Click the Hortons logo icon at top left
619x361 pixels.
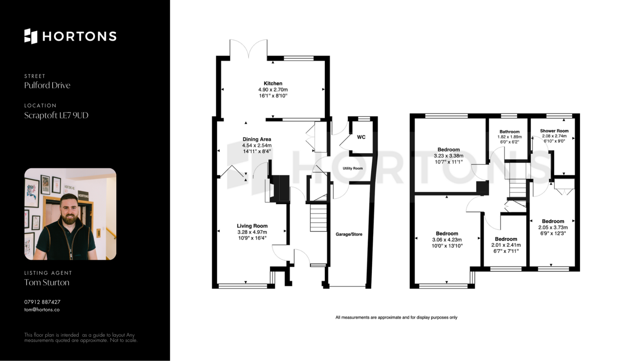(x=31, y=36)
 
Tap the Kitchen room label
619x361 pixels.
(x=273, y=83)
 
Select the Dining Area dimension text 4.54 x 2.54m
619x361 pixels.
(x=257, y=145)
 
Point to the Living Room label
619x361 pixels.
(x=252, y=226)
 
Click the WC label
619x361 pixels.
(x=361, y=137)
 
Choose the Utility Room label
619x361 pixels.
(x=353, y=168)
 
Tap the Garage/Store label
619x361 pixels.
(x=349, y=234)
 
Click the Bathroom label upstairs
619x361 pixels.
(x=509, y=132)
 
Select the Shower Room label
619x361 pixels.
(x=554, y=131)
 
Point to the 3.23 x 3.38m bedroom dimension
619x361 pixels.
(x=448, y=156)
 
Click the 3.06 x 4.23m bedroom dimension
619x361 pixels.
(x=447, y=240)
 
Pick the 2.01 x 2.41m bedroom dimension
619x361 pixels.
(x=506, y=245)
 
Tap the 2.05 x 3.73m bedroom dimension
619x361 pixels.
(x=553, y=227)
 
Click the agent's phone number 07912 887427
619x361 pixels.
(x=42, y=302)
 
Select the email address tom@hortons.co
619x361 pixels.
(x=42, y=310)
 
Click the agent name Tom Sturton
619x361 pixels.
(x=47, y=282)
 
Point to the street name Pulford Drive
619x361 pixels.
(x=47, y=85)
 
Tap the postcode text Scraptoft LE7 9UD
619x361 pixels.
(x=56, y=115)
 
